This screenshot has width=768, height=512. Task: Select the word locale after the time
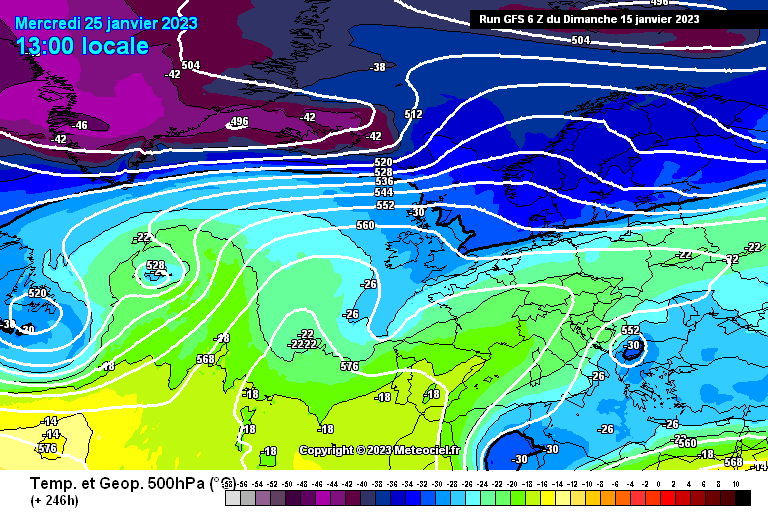tap(117, 46)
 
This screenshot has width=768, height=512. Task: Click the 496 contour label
tap(238, 122)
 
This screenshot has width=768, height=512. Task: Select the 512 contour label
tap(413, 115)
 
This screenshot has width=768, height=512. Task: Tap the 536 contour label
tap(383, 181)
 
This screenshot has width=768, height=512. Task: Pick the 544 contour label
tap(383, 192)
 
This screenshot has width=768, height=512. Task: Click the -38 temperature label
tap(377, 67)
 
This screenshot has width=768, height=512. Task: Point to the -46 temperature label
tap(79, 125)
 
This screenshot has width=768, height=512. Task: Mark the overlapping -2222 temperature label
tap(302, 344)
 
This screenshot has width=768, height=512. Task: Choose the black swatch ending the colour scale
tap(742, 497)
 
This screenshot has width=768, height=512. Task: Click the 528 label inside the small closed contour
tap(156, 266)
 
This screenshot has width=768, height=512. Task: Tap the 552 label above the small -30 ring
tap(630, 330)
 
